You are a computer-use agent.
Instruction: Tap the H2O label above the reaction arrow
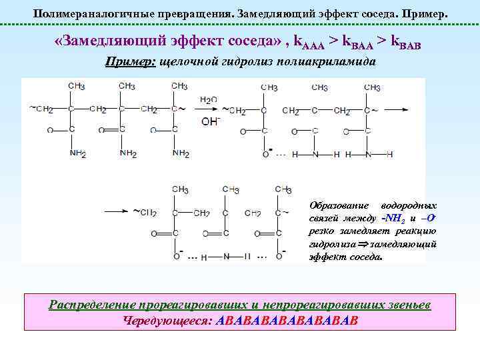tap(209, 100)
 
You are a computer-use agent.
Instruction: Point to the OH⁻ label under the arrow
tap(209, 122)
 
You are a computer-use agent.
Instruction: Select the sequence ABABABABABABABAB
tap(288, 320)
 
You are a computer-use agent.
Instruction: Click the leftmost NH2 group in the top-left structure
tap(78, 154)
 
